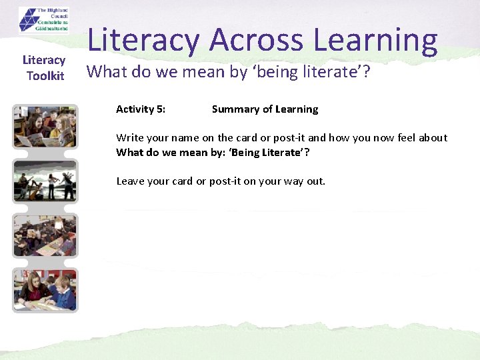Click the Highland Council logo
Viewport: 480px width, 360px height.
(x=44, y=19)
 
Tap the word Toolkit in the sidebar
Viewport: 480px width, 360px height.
(x=45, y=76)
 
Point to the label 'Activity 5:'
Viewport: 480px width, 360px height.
(x=141, y=109)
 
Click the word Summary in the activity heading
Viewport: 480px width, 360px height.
(x=233, y=109)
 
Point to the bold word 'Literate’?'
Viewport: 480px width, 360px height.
(x=283, y=153)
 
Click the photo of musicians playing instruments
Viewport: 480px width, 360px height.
(x=45, y=181)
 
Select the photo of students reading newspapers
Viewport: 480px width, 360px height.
(x=45, y=127)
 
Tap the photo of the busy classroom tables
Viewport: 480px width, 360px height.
(x=45, y=235)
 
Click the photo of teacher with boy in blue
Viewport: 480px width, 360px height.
(x=45, y=289)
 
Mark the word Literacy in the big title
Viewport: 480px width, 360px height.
(x=143, y=41)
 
